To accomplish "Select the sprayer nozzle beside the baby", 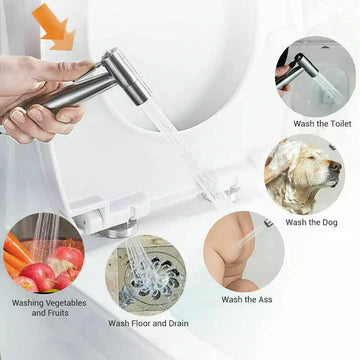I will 269,222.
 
